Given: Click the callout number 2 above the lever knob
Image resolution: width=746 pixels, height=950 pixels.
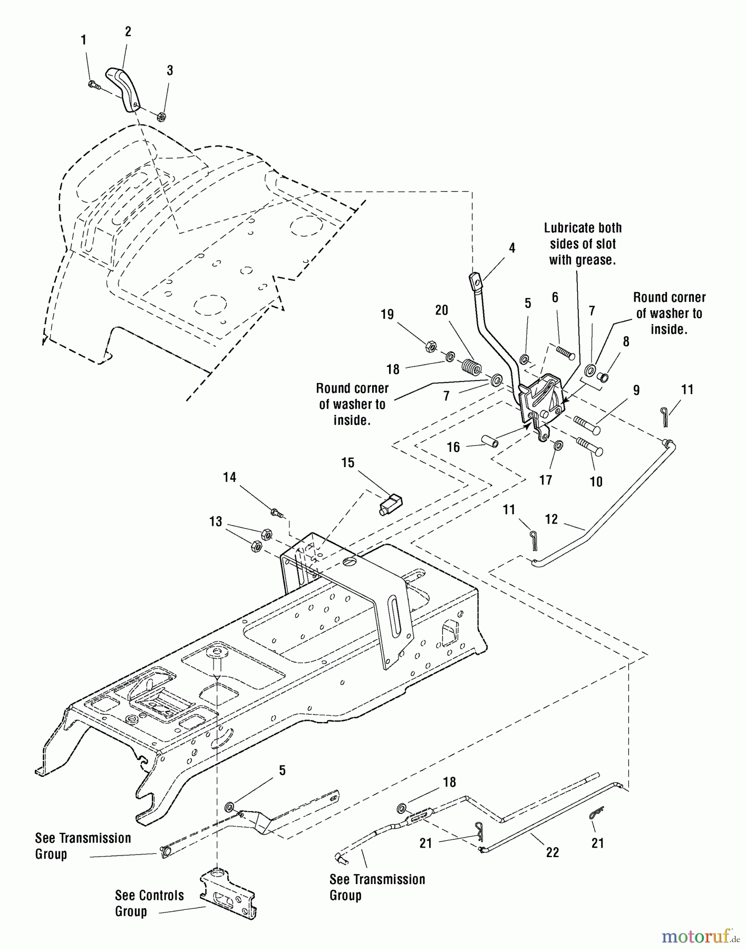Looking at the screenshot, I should pyautogui.click(x=128, y=32).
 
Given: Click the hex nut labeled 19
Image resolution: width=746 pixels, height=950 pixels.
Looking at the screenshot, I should pyautogui.click(x=431, y=347).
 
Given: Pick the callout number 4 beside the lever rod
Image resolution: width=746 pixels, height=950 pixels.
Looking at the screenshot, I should pyautogui.click(x=512, y=248).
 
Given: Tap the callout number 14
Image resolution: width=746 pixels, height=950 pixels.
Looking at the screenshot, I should pyautogui.click(x=229, y=478).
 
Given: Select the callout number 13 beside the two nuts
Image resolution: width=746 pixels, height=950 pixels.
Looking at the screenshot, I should pyautogui.click(x=216, y=521).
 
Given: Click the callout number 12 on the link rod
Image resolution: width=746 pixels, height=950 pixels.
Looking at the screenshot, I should pyautogui.click(x=551, y=519).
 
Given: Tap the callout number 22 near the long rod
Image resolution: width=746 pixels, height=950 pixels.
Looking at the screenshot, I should pyautogui.click(x=553, y=852).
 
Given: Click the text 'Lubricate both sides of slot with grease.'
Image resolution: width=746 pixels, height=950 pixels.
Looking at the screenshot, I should pyautogui.click(x=583, y=244).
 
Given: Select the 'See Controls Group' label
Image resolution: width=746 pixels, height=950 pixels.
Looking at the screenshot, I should pyautogui.click(x=149, y=903).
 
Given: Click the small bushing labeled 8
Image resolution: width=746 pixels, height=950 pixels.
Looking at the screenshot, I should pyautogui.click(x=604, y=377).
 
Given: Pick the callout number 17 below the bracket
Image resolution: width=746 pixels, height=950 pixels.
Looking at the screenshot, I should pyautogui.click(x=545, y=479).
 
